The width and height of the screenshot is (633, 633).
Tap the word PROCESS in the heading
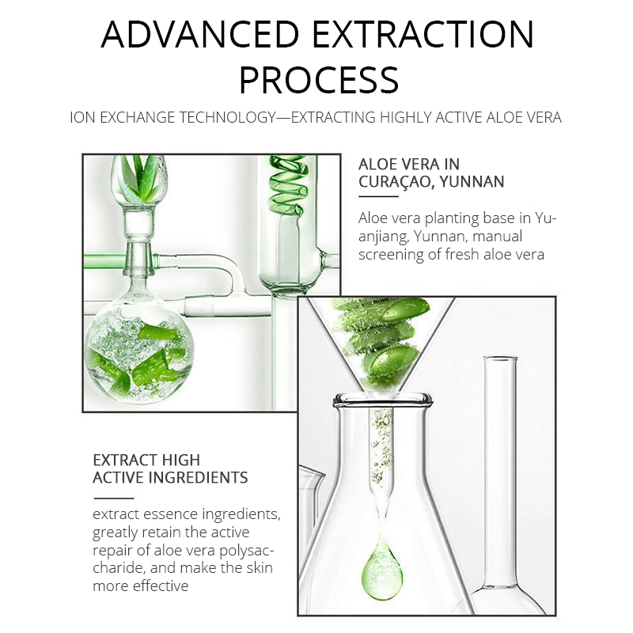[319, 80]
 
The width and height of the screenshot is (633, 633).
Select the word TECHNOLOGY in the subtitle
[227, 117]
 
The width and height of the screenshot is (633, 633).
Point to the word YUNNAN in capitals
[472, 182]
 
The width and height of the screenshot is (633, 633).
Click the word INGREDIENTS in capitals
[199, 478]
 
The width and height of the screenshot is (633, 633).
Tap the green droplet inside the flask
[381, 565]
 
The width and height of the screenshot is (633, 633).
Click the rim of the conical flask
[382, 400]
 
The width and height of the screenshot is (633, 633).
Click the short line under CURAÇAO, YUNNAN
[378, 196]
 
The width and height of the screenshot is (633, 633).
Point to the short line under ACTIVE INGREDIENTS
[113, 498]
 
